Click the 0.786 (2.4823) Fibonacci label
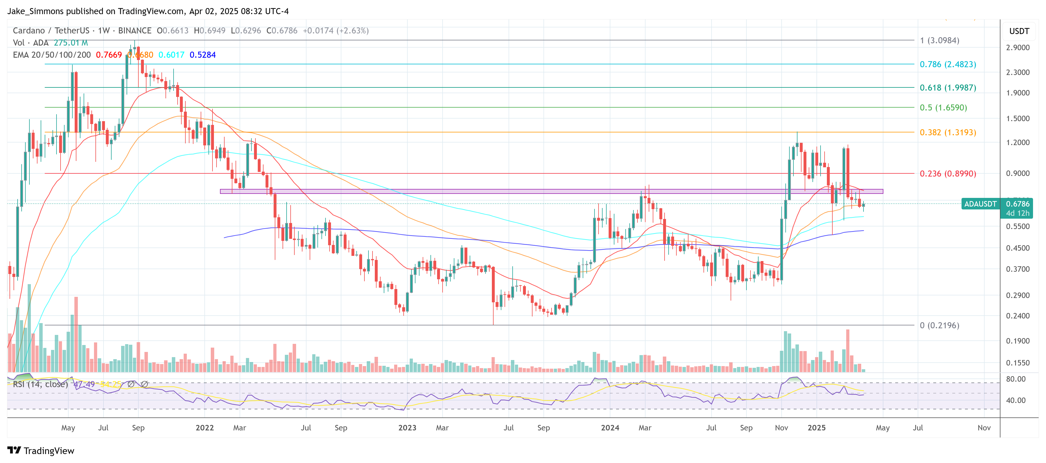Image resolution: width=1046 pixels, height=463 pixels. [x=947, y=64]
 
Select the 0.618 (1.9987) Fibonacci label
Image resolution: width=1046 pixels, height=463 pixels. [x=947, y=88]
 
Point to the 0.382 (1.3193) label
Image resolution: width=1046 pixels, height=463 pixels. [x=947, y=132]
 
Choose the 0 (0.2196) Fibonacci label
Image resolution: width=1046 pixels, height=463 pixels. [x=939, y=325]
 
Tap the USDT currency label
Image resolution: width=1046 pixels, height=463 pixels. [x=1019, y=31]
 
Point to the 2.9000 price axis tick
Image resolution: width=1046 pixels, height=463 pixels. [x=1017, y=48]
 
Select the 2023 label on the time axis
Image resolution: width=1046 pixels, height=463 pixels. [x=407, y=428]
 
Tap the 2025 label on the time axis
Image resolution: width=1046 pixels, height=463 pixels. [x=816, y=428]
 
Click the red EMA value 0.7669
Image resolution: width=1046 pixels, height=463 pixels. [x=108, y=55]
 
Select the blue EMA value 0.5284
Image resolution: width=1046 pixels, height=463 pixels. [x=203, y=55]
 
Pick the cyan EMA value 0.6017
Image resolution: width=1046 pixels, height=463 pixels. [x=171, y=55]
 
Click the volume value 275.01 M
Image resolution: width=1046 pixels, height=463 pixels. [x=71, y=43]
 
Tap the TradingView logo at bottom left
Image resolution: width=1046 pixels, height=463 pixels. [x=41, y=451]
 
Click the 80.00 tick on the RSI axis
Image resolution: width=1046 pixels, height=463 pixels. [x=1015, y=379]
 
